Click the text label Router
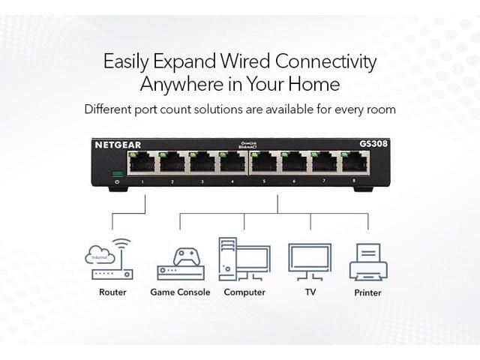(x=112, y=292)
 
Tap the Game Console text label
(x=180, y=292)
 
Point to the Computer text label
(x=244, y=292)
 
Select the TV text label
(x=309, y=292)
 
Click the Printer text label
(x=367, y=292)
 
